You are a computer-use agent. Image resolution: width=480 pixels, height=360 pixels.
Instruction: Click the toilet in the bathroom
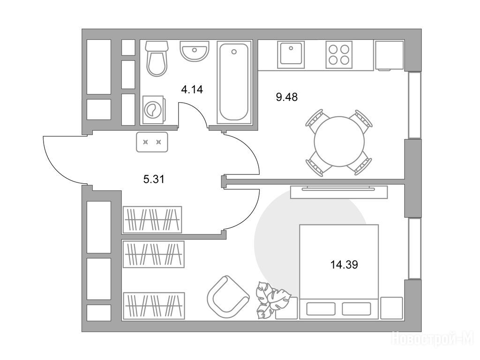[157, 58]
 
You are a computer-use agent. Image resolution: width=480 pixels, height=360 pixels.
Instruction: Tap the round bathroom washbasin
[195, 51]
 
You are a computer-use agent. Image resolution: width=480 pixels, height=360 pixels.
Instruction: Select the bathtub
[234, 82]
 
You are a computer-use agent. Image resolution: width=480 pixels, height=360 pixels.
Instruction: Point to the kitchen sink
[291, 55]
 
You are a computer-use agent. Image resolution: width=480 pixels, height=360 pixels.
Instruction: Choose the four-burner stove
[339, 55]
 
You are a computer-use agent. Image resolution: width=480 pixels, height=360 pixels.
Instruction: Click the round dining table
[339, 142]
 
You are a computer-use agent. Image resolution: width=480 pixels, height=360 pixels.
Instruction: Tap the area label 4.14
[192, 90]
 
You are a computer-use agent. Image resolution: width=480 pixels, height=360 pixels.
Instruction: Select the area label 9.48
[287, 97]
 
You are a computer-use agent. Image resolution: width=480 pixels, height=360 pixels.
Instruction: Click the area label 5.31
[154, 179]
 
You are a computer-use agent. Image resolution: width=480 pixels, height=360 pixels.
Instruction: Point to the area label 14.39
[344, 264]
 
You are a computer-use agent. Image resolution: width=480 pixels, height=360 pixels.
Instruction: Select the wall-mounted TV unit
[338, 191]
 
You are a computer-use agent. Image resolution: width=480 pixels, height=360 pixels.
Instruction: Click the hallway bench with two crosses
[152, 142]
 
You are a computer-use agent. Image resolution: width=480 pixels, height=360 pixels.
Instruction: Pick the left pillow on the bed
[321, 309]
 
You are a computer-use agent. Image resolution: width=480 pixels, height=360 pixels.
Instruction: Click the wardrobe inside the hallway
[152, 219]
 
